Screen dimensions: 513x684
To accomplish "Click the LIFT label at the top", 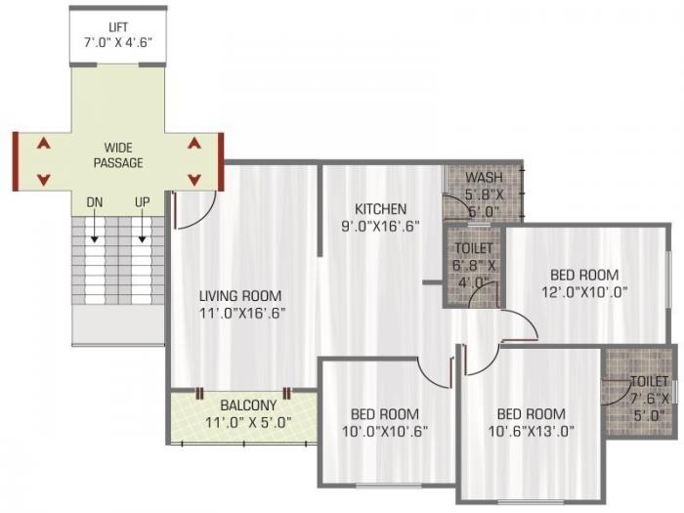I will (117, 26).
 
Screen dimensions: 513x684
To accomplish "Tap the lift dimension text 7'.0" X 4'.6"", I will (117, 42).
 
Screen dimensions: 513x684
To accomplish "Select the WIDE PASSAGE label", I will (118, 155).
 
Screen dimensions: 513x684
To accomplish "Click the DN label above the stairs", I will (95, 202).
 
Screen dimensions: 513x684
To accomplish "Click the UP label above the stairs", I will (143, 202).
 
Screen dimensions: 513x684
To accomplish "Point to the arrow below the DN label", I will (95, 231).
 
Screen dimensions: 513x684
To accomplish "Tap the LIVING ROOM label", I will (240, 296).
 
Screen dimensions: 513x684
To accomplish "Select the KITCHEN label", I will (380, 209).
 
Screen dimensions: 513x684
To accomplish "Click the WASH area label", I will (484, 178).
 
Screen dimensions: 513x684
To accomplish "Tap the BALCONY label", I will (247, 405).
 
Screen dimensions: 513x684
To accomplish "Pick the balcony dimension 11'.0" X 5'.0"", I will (247, 423).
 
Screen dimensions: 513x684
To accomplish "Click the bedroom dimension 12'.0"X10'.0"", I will (583, 291).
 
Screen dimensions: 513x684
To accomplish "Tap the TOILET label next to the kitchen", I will (473, 249).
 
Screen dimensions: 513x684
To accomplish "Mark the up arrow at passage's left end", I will (42, 143).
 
